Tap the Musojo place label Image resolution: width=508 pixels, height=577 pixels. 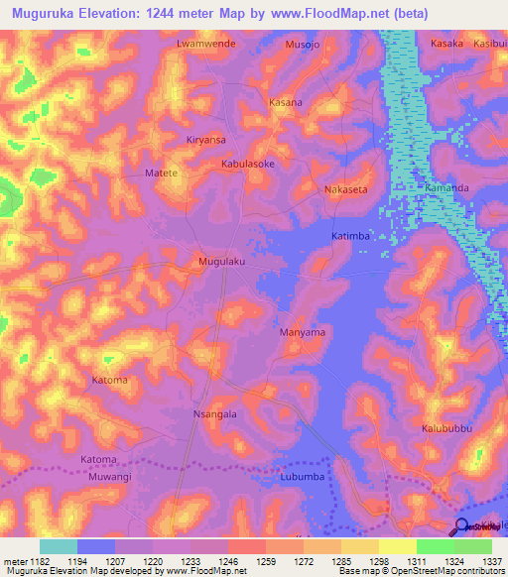(x=304, y=45)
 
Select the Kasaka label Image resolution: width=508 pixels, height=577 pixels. (x=447, y=45)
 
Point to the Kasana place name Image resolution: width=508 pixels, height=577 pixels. (x=287, y=102)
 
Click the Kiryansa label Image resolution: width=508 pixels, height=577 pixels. (x=206, y=140)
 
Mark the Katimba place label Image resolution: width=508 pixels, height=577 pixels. (x=350, y=237)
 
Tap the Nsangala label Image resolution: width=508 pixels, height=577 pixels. (x=214, y=414)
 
